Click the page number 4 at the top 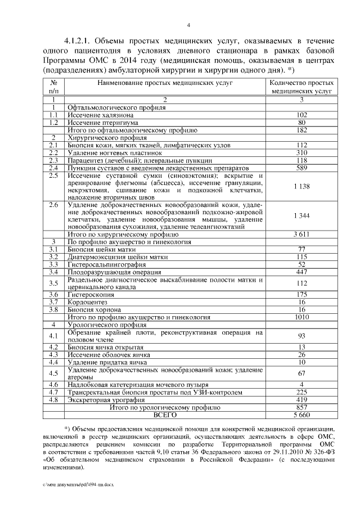(188, 25)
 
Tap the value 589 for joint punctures (301, 168)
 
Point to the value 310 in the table (301, 152)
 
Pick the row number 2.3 (54, 160)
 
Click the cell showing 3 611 (301, 233)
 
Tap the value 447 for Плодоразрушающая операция (301, 272)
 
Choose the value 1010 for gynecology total (301, 317)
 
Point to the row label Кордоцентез (88, 301)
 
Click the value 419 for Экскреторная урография (301, 399)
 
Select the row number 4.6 (54, 384)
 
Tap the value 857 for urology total (301, 407)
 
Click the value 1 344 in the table (301, 215)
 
